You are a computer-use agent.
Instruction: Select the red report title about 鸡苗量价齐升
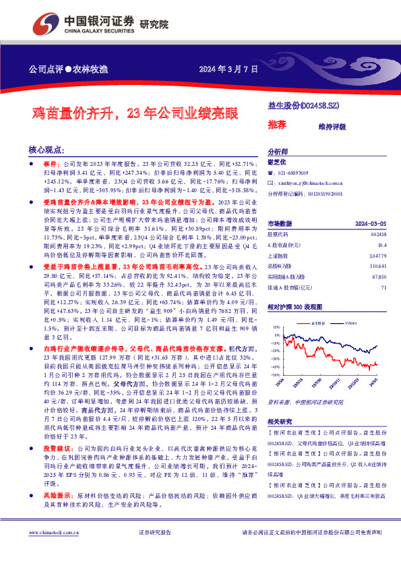point(135,113)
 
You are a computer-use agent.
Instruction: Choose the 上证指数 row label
point(279,256)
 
